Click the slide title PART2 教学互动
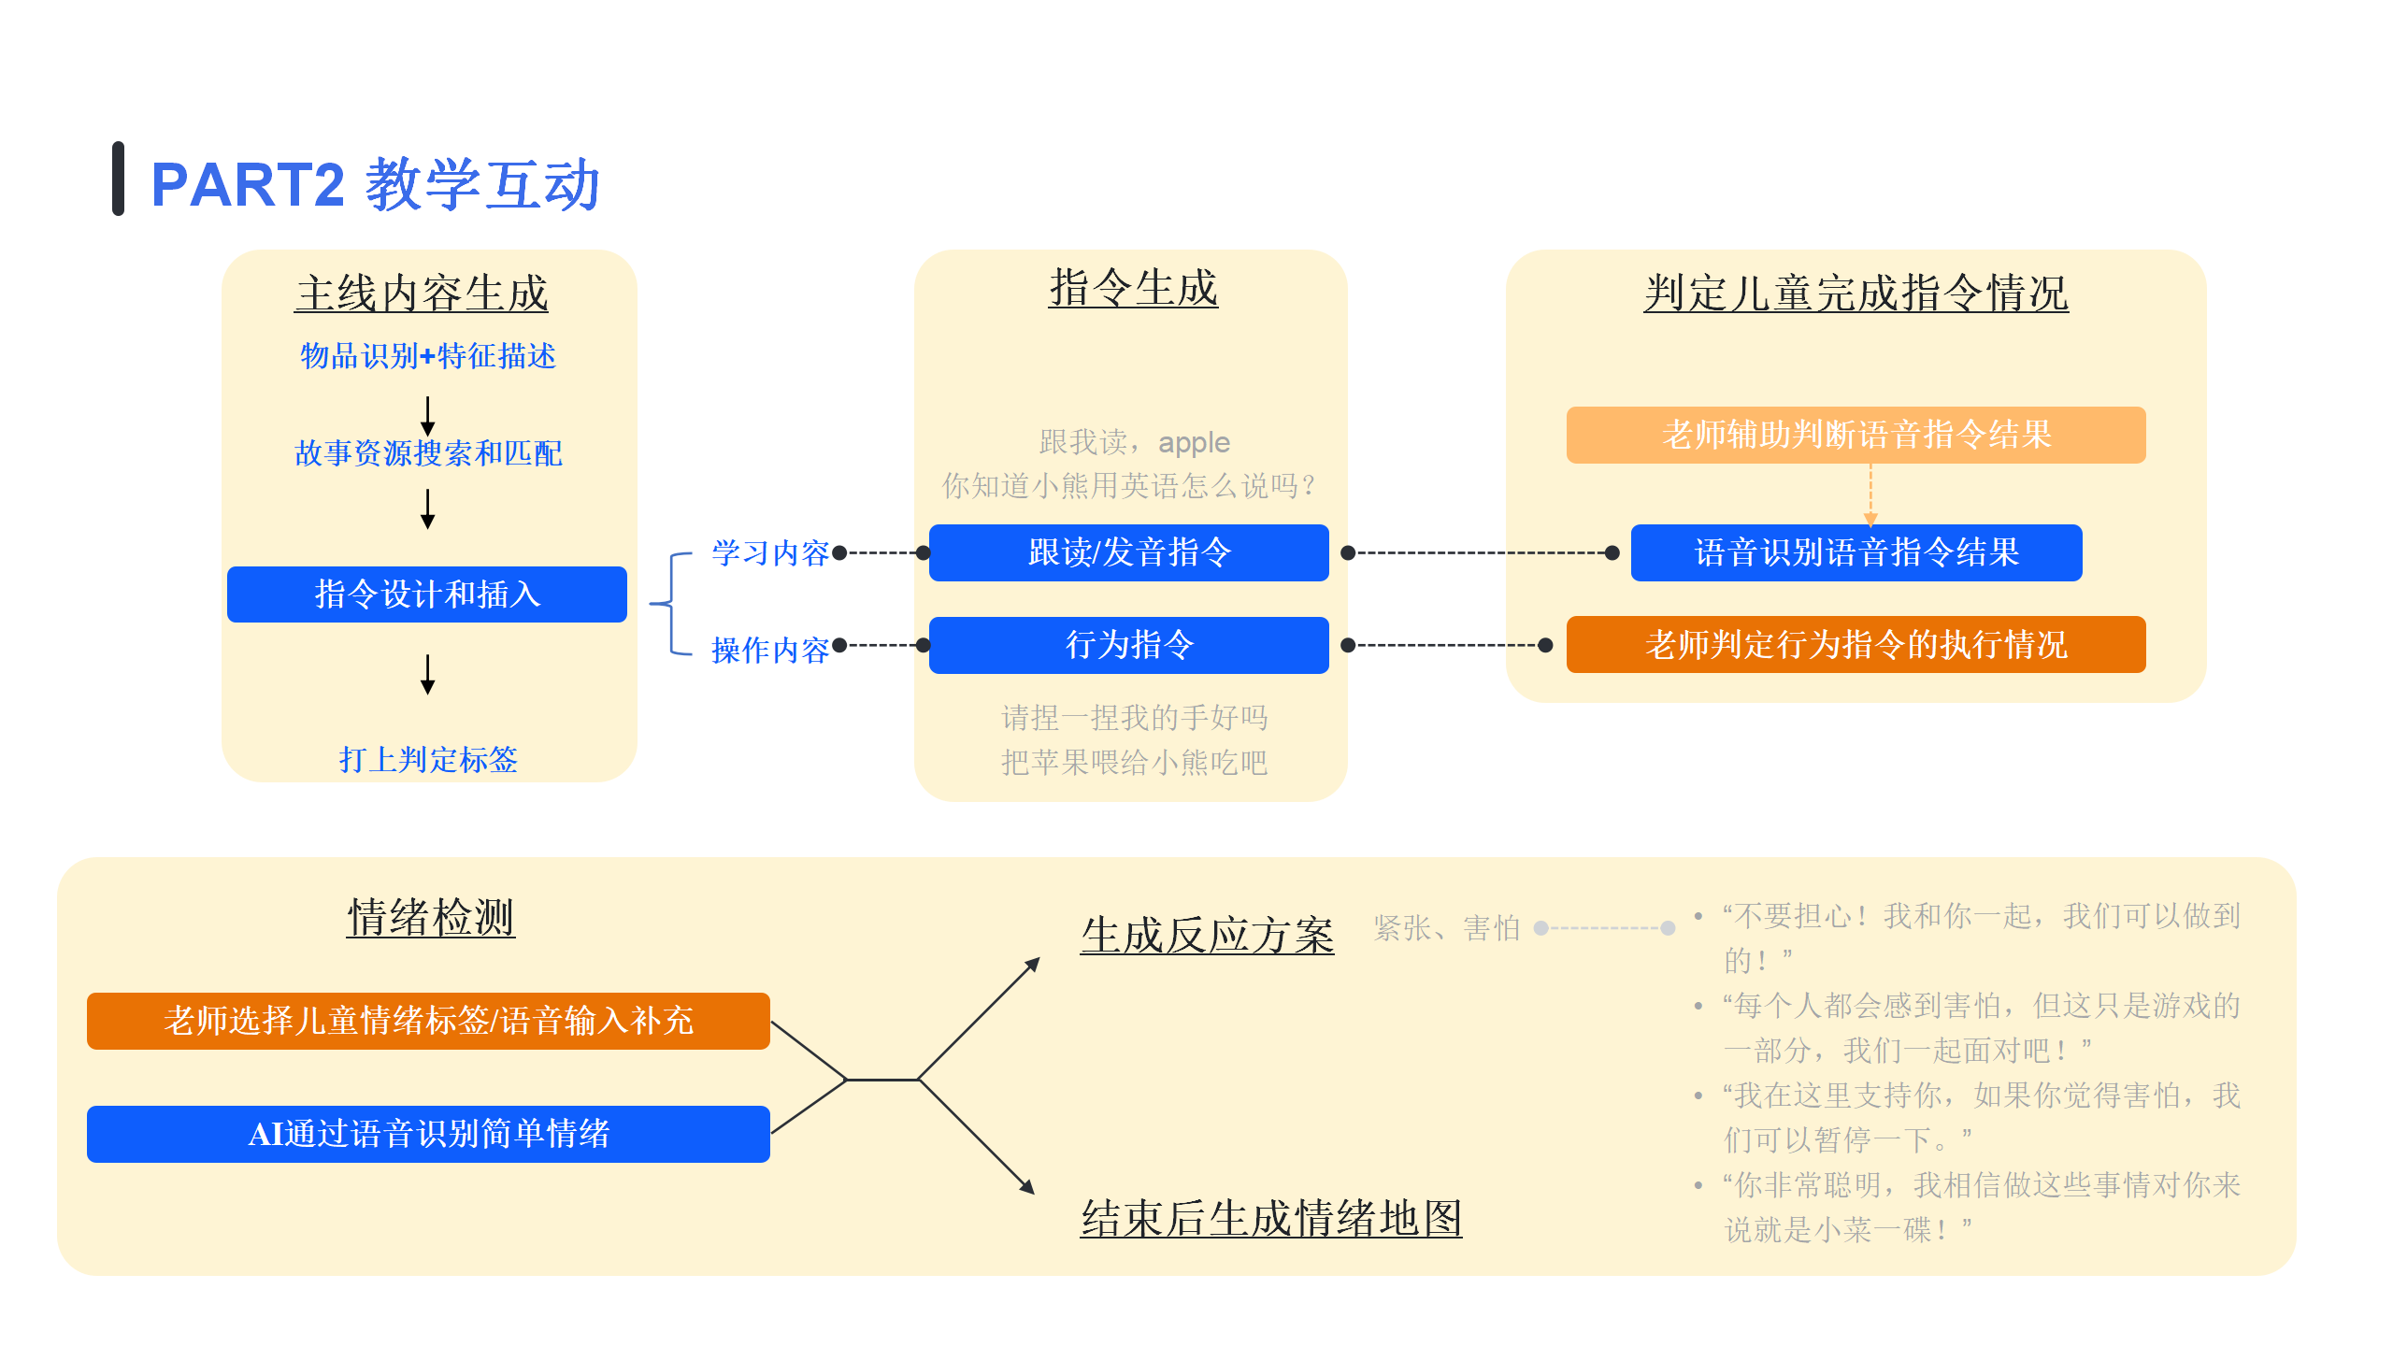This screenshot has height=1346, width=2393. click(x=374, y=184)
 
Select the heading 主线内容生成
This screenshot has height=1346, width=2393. click(x=422, y=294)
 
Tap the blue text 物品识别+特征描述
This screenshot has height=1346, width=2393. click(x=428, y=356)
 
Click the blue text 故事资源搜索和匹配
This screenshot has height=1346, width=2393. click(x=428, y=453)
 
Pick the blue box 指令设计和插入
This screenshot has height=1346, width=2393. click(x=426, y=594)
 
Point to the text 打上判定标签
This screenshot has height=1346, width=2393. click(x=428, y=759)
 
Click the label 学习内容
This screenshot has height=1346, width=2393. click(x=769, y=553)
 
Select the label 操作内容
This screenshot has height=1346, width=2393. click(x=769, y=650)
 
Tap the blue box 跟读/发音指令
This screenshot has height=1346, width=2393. click(x=1128, y=552)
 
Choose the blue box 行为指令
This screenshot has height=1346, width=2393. click(x=1128, y=645)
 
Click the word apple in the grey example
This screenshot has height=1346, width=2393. click(x=1194, y=442)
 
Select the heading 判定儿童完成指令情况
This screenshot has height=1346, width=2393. click(x=1856, y=294)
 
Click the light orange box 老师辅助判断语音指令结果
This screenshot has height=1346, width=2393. click(x=1856, y=435)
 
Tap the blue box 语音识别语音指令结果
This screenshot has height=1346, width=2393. click(x=1856, y=552)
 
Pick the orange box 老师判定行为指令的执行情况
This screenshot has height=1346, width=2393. click(x=1856, y=644)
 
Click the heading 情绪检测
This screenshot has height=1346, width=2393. click(x=430, y=917)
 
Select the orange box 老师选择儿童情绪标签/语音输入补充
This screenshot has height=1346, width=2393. click(x=428, y=1021)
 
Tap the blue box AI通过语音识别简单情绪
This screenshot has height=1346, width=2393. click(x=428, y=1134)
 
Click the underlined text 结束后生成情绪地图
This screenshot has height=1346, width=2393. click(x=1270, y=1219)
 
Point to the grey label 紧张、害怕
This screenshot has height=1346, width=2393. click(x=1446, y=928)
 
